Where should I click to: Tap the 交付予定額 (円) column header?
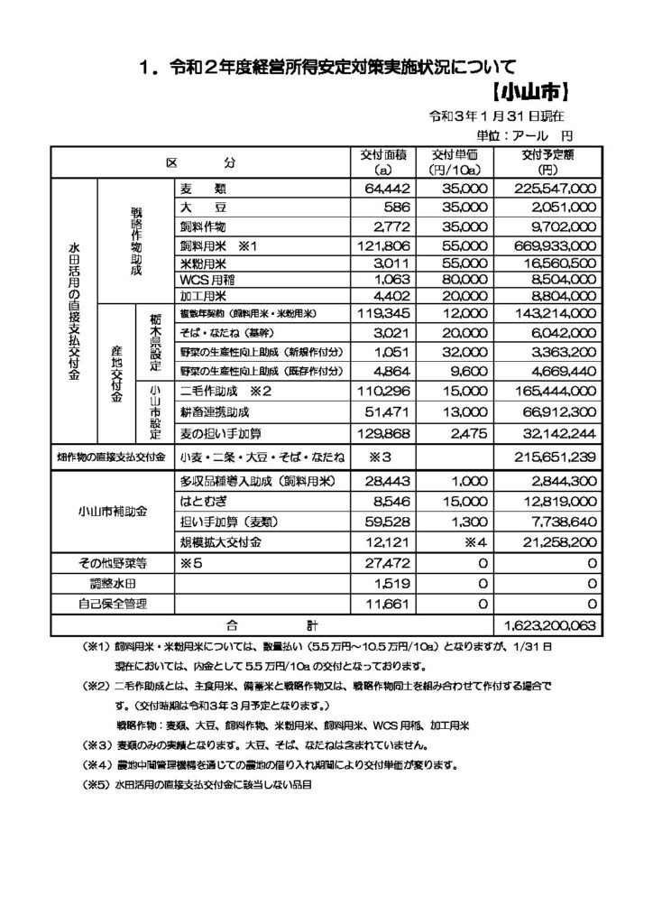point(547,162)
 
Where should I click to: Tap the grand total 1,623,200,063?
point(547,624)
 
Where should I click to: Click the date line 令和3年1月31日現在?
point(497,116)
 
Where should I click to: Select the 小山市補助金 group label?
point(113,511)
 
